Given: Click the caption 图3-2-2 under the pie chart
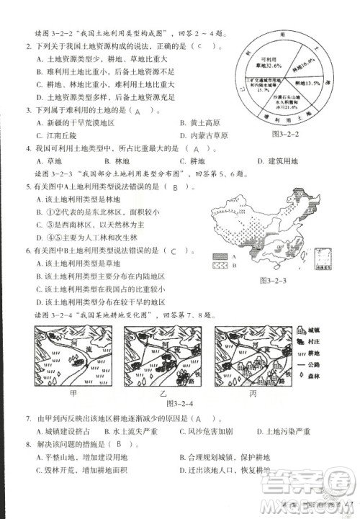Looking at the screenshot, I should click(x=287, y=134).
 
